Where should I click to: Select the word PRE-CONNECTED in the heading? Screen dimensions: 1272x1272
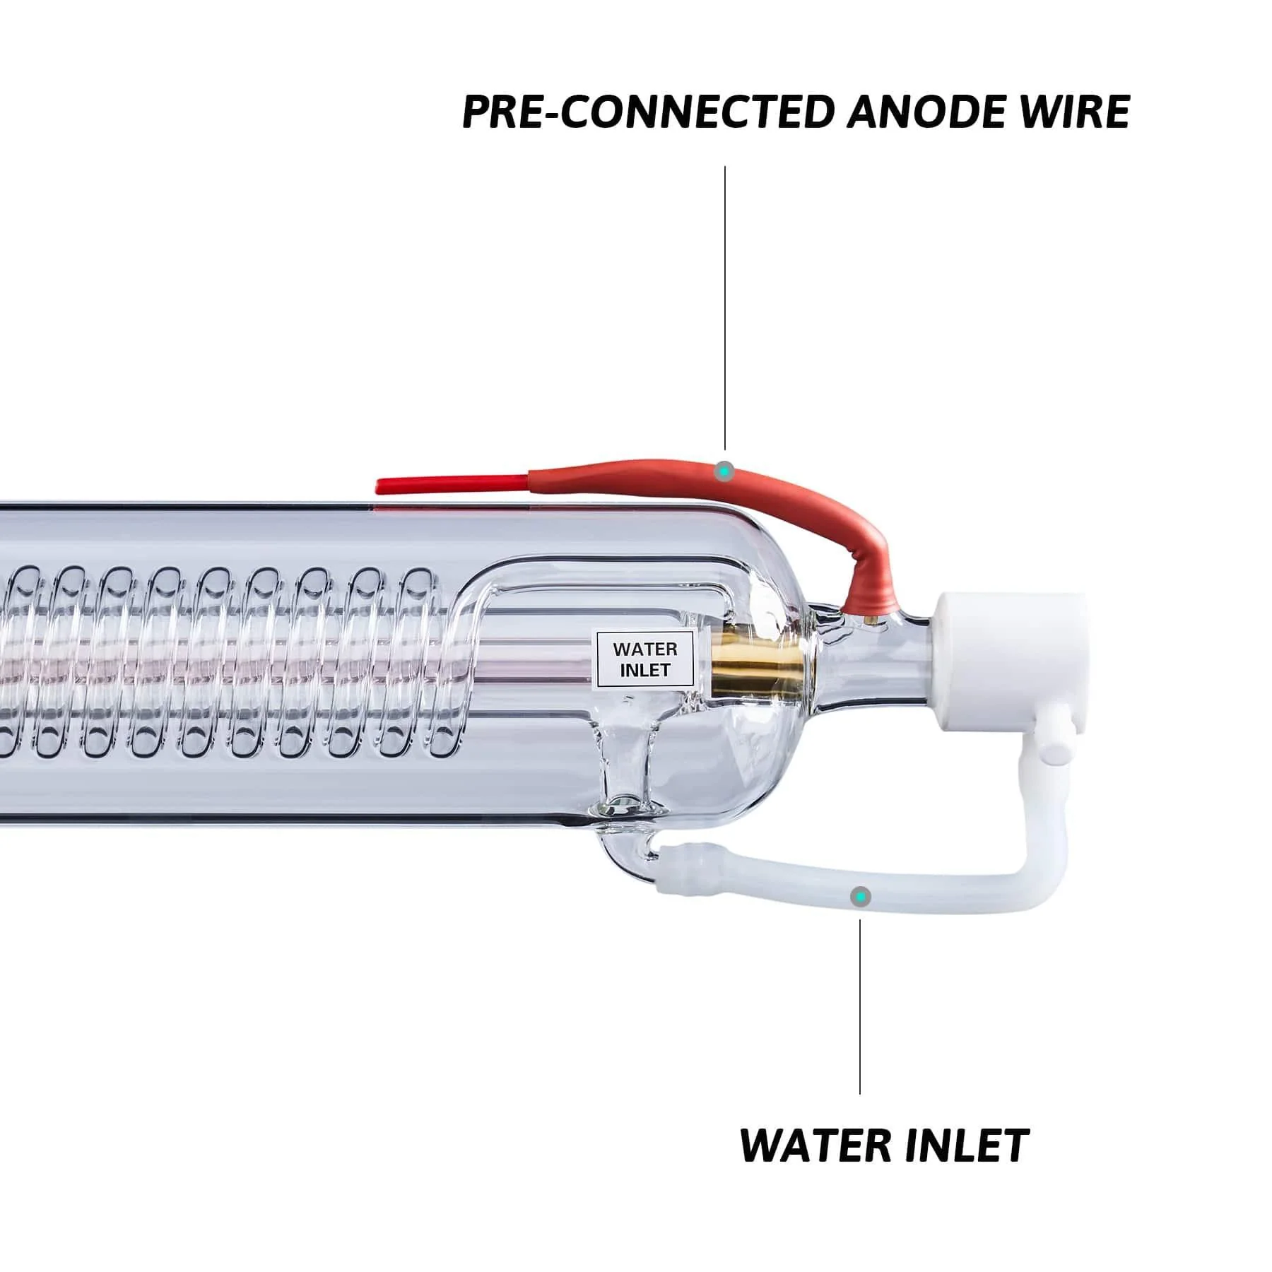point(646,112)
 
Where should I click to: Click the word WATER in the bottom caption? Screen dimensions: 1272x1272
point(813,1146)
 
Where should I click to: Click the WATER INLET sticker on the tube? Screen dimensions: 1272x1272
point(644,659)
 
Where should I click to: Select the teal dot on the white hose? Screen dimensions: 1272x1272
point(860,897)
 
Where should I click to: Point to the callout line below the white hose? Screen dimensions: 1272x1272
point(860,1003)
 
